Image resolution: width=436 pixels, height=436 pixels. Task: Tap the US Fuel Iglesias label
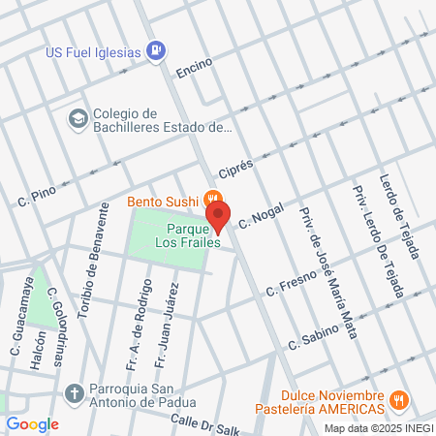tap(94, 50)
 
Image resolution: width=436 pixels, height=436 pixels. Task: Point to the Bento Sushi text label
tap(163, 202)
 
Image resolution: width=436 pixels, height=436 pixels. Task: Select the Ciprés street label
tap(235, 168)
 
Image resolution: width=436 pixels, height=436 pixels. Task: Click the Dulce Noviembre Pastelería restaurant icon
tap(397, 400)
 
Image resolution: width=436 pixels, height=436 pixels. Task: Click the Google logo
tap(32, 424)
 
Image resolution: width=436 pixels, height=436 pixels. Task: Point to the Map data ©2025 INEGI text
tap(378, 428)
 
